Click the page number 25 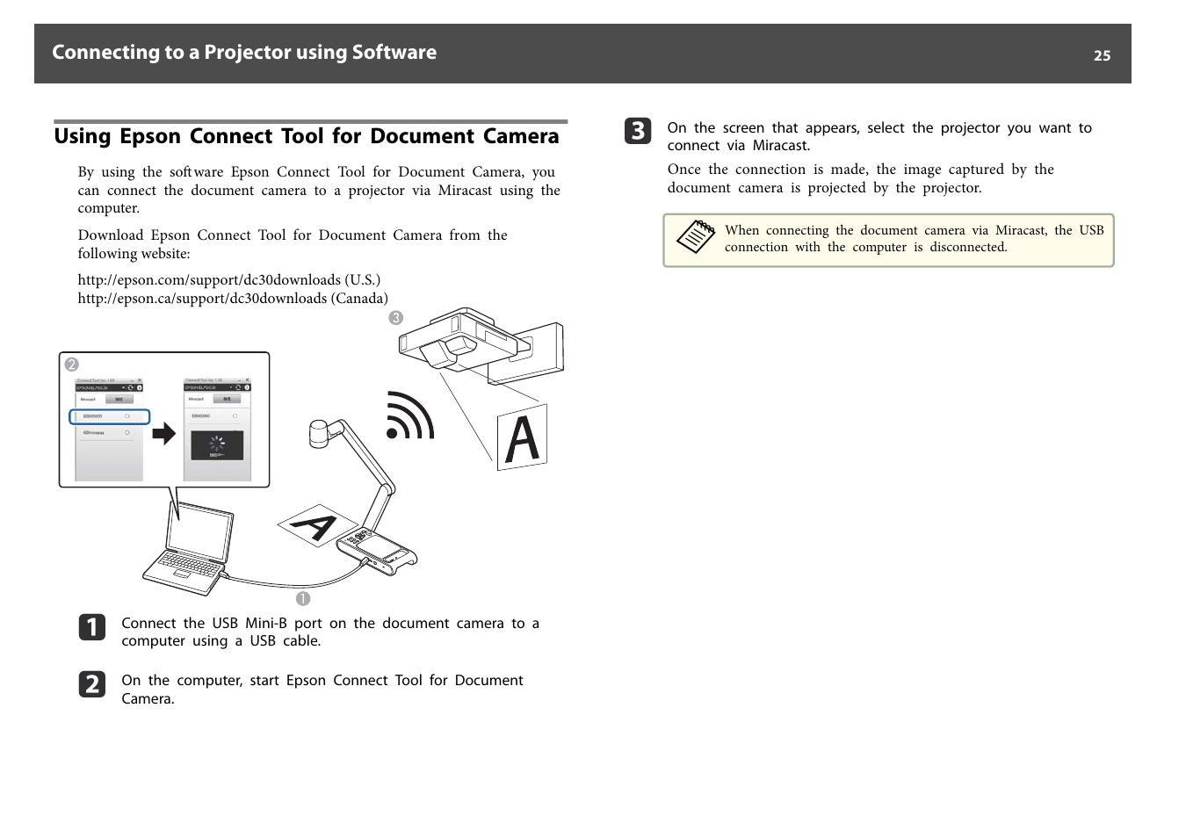(1102, 55)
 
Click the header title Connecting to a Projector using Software (244, 53)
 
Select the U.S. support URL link (228, 280)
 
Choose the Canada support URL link (232, 299)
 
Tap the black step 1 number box (92, 627)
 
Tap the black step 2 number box (92, 684)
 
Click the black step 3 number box (638, 131)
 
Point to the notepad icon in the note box (696, 237)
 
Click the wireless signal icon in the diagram (409, 416)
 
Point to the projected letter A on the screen (522, 437)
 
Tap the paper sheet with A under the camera (313, 525)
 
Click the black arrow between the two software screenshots (164, 433)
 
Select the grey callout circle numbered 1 (303, 599)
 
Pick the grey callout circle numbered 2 (72, 365)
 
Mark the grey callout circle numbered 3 (396, 318)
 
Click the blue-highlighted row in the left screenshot (110, 416)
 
